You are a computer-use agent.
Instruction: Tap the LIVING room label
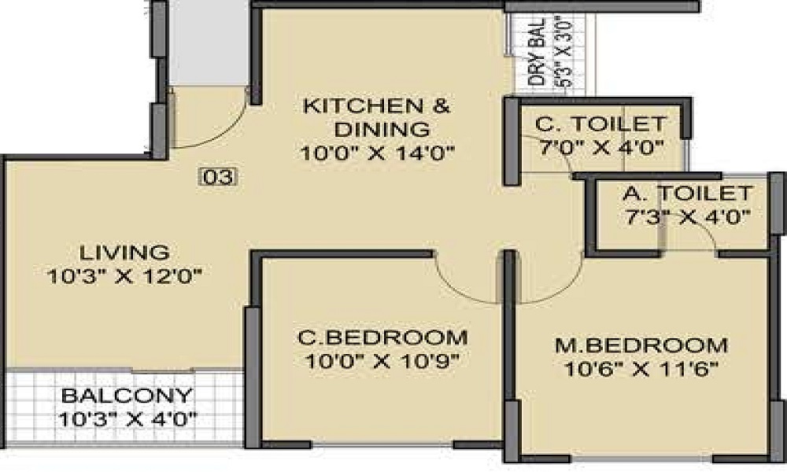click(x=125, y=253)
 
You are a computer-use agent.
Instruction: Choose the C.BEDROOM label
click(x=382, y=338)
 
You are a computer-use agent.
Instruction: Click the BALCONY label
click(x=126, y=395)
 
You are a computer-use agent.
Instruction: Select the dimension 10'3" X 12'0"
click(x=125, y=276)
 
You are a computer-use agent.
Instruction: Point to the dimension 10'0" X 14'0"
click(x=378, y=152)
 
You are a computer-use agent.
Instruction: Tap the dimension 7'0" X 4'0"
click(x=600, y=147)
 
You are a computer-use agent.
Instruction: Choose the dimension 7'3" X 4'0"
click(x=685, y=217)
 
